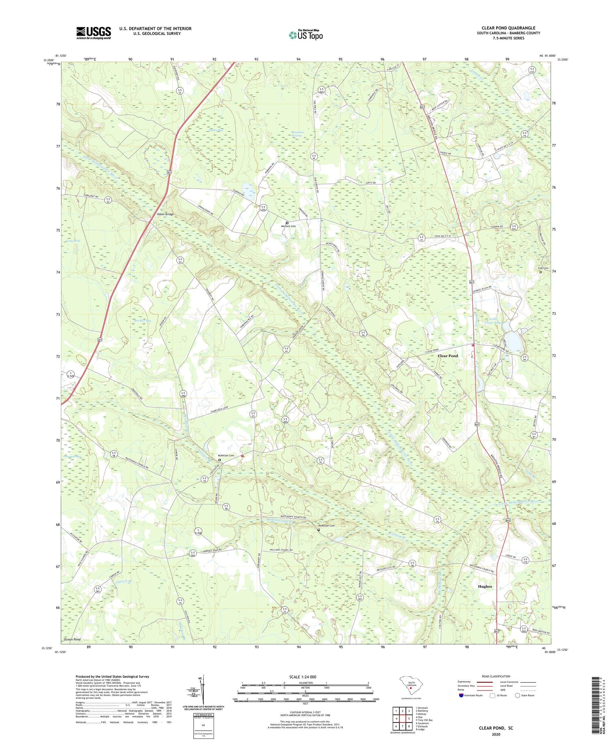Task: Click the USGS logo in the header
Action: [x=93, y=33]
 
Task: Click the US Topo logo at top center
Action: [x=305, y=35]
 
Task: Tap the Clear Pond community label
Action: [x=448, y=356]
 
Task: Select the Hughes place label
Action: [x=485, y=586]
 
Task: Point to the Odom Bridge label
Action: [x=165, y=214]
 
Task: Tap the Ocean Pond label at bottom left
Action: [x=72, y=639]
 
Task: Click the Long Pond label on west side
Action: [x=73, y=241]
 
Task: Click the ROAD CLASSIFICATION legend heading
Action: [x=496, y=676]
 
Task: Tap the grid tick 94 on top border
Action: [x=298, y=59]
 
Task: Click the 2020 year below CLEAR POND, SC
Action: [x=496, y=734]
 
